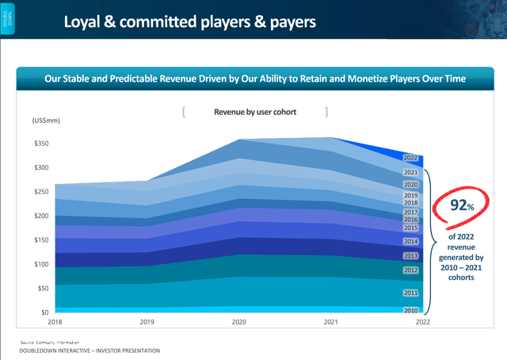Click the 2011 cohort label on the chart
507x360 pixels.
[410, 293]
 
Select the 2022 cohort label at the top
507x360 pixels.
[410, 158]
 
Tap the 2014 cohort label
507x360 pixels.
[410, 241]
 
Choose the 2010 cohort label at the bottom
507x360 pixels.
[410, 311]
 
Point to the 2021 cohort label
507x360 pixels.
[410, 172]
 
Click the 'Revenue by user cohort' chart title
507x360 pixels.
[255, 113]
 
